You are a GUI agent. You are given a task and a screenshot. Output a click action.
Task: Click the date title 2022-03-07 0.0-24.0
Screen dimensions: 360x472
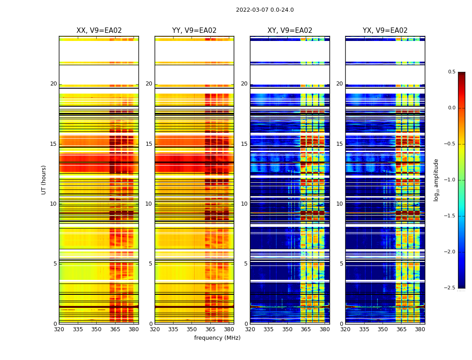(265, 10)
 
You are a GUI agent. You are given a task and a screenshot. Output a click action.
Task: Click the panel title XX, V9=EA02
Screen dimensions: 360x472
(99, 31)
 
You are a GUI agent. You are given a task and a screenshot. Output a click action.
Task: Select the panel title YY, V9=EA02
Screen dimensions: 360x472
(194, 31)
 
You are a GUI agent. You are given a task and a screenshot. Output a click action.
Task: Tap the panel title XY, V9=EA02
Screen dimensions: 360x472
(290, 31)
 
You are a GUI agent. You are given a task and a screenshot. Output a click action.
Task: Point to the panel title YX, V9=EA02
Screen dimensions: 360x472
(385, 31)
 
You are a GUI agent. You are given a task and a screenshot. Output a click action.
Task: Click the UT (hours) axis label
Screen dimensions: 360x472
(44, 180)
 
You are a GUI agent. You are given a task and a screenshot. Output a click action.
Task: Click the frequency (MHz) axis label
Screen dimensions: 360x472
(217, 338)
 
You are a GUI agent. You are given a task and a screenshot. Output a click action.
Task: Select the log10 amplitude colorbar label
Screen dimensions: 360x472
(436, 180)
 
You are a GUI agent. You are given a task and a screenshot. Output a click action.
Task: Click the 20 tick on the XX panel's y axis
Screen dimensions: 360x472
(53, 84)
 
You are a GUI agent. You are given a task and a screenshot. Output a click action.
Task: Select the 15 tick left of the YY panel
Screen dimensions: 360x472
(149, 144)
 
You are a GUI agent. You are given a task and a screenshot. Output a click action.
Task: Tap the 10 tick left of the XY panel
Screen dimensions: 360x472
(244, 204)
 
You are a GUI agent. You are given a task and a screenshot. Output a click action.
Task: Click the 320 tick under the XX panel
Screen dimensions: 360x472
(59, 329)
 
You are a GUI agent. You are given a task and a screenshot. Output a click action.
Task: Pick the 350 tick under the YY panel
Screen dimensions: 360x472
(192, 329)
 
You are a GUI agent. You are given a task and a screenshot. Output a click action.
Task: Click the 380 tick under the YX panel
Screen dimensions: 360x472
(420, 329)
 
